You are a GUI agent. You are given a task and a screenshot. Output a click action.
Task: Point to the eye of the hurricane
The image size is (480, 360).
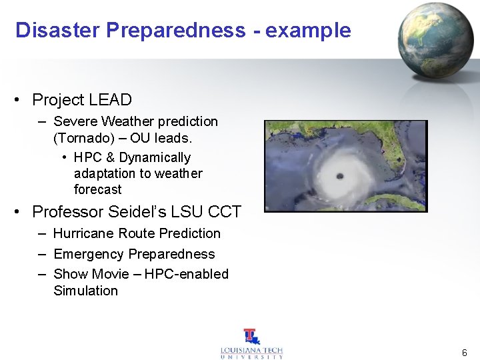pos(339,176)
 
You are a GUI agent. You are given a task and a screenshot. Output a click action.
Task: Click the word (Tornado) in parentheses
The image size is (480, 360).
pos(81,139)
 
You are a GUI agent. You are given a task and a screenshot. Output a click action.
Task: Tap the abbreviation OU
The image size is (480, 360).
pos(140,139)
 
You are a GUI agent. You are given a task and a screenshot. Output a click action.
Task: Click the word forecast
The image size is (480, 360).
pos(97,189)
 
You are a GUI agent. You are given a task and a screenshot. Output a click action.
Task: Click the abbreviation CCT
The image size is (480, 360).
pos(225,212)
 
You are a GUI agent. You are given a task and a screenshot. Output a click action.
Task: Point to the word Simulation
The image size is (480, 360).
pos(85,291)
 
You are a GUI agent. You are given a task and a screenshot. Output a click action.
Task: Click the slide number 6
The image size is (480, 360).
pos(464,352)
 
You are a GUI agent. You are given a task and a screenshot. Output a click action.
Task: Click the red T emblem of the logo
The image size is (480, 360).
pos(251,336)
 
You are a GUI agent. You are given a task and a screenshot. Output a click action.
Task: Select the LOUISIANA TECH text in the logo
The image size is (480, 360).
pos(252,350)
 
